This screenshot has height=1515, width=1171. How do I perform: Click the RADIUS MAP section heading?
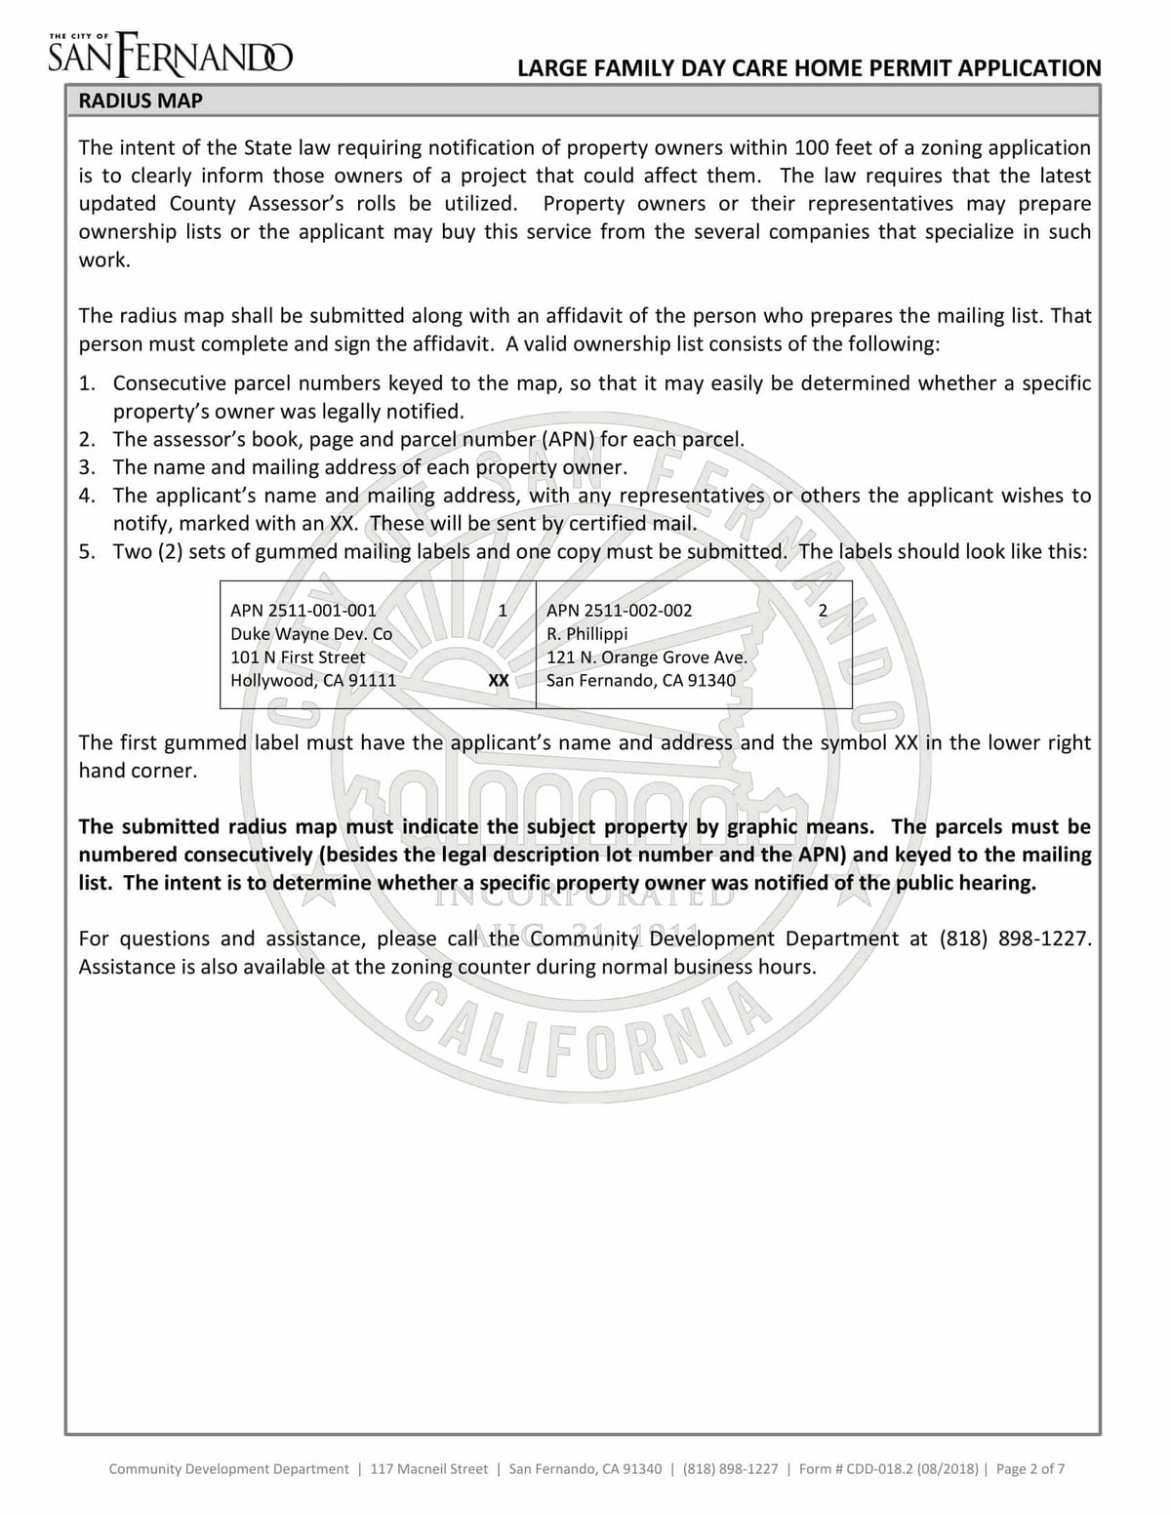[x=141, y=100]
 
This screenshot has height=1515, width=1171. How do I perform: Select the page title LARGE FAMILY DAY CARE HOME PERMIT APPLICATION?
[x=809, y=67]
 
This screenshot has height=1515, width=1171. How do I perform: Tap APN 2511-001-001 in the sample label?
[x=303, y=611]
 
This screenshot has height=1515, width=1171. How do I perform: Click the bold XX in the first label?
[x=498, y=680]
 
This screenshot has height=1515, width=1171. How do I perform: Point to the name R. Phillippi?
[x=586, y=634]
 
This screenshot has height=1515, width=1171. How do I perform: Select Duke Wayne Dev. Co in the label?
[x=310, y=634]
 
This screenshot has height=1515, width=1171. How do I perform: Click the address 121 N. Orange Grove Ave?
[x=646, y=658]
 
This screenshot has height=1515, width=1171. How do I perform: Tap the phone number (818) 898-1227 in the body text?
[x=1014, y=938]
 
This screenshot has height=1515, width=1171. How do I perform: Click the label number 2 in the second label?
[x=823, y=611]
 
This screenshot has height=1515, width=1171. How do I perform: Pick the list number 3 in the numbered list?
[x=87, y=467]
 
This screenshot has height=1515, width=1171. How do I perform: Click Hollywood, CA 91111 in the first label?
[x=312, y=680]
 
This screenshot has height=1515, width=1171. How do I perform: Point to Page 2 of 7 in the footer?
[x=1030, y=1468]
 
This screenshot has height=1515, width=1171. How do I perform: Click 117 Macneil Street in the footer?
[x=428, y=1468]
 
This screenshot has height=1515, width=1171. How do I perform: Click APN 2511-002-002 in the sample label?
[x=619, y=611]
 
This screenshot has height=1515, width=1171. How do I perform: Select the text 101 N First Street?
[x=298, y=658]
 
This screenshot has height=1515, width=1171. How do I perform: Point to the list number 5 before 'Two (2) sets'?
[x=87, y=552]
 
